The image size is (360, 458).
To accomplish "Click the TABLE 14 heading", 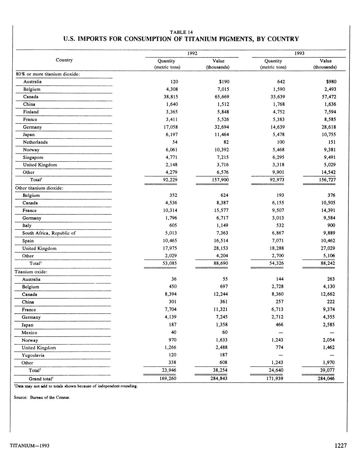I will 181,32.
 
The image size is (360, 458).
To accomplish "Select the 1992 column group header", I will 192,53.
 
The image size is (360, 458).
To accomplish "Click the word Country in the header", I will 64,60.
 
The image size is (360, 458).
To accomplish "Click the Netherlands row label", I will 35,142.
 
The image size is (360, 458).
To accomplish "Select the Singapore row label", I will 33,158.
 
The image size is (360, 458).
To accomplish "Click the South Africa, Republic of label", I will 49,233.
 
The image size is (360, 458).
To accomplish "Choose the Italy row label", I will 27,226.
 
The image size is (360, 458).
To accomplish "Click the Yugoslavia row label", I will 33,355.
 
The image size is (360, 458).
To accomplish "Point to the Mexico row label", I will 29,333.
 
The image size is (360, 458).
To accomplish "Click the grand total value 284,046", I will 326,378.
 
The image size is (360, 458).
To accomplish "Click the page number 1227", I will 341,445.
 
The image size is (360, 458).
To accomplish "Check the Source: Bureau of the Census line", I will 42,397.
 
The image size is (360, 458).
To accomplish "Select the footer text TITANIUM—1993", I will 30,446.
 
